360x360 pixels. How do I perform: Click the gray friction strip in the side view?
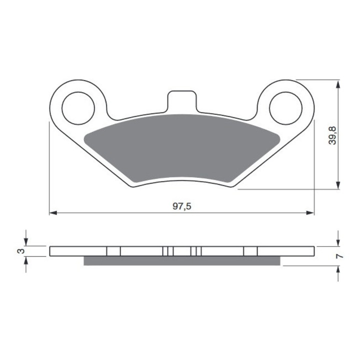(x=182, y=261)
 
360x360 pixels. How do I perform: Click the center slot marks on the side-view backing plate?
(x=182, y=251)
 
